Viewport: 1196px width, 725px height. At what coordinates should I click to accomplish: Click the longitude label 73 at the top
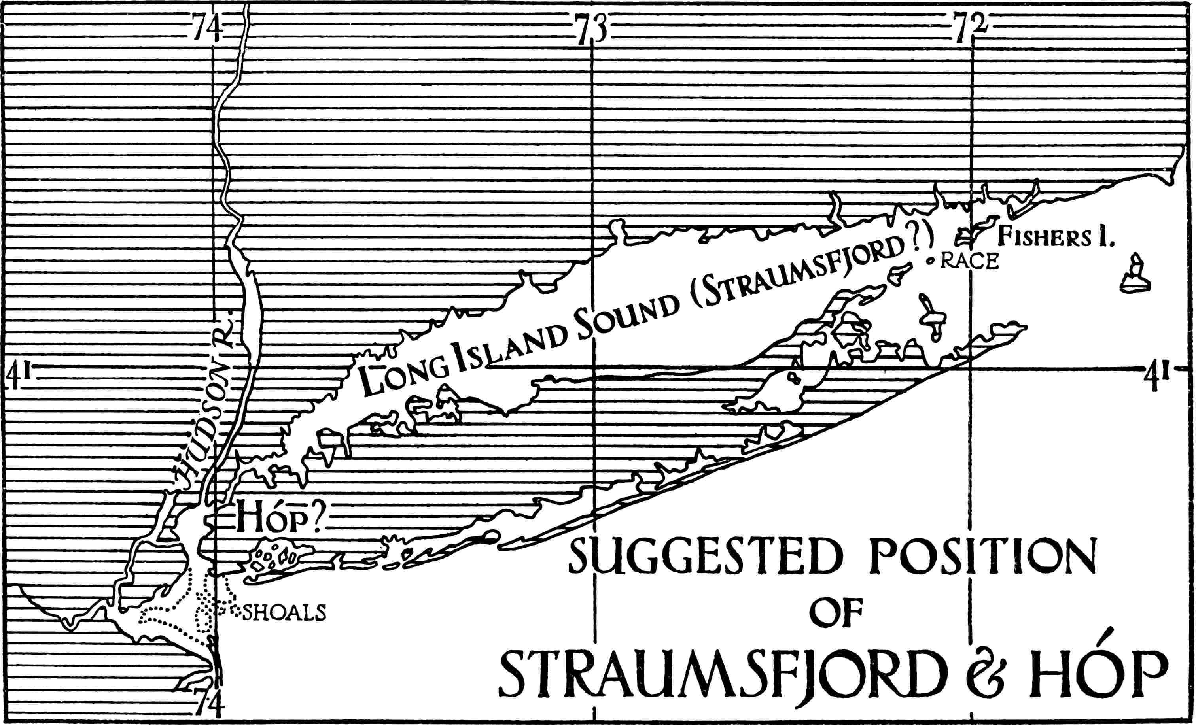tap(592, 29)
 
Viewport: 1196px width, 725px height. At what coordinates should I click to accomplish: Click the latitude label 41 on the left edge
tap(20, 376)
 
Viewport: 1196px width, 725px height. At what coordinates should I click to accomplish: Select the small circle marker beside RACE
tap(930, 261)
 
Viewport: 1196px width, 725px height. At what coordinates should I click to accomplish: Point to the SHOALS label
tap(284, 613)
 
